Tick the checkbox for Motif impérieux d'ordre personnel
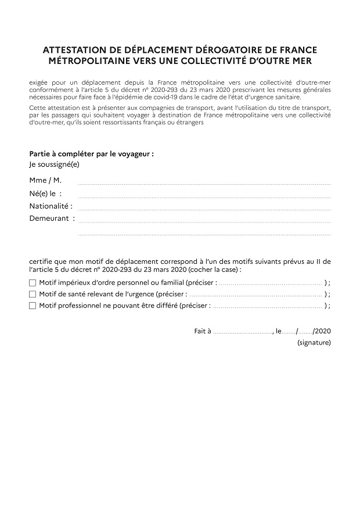33,282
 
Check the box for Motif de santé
33,294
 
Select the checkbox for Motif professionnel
33,305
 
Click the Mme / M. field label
45,181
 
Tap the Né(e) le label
45,193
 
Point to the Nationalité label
51,206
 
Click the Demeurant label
52,218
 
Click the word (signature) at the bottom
314,343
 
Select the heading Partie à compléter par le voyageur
91,155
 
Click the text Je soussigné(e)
54,164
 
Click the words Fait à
203,331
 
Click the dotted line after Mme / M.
204,183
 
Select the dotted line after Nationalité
204,208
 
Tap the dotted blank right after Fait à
242,332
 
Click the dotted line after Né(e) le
204,196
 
